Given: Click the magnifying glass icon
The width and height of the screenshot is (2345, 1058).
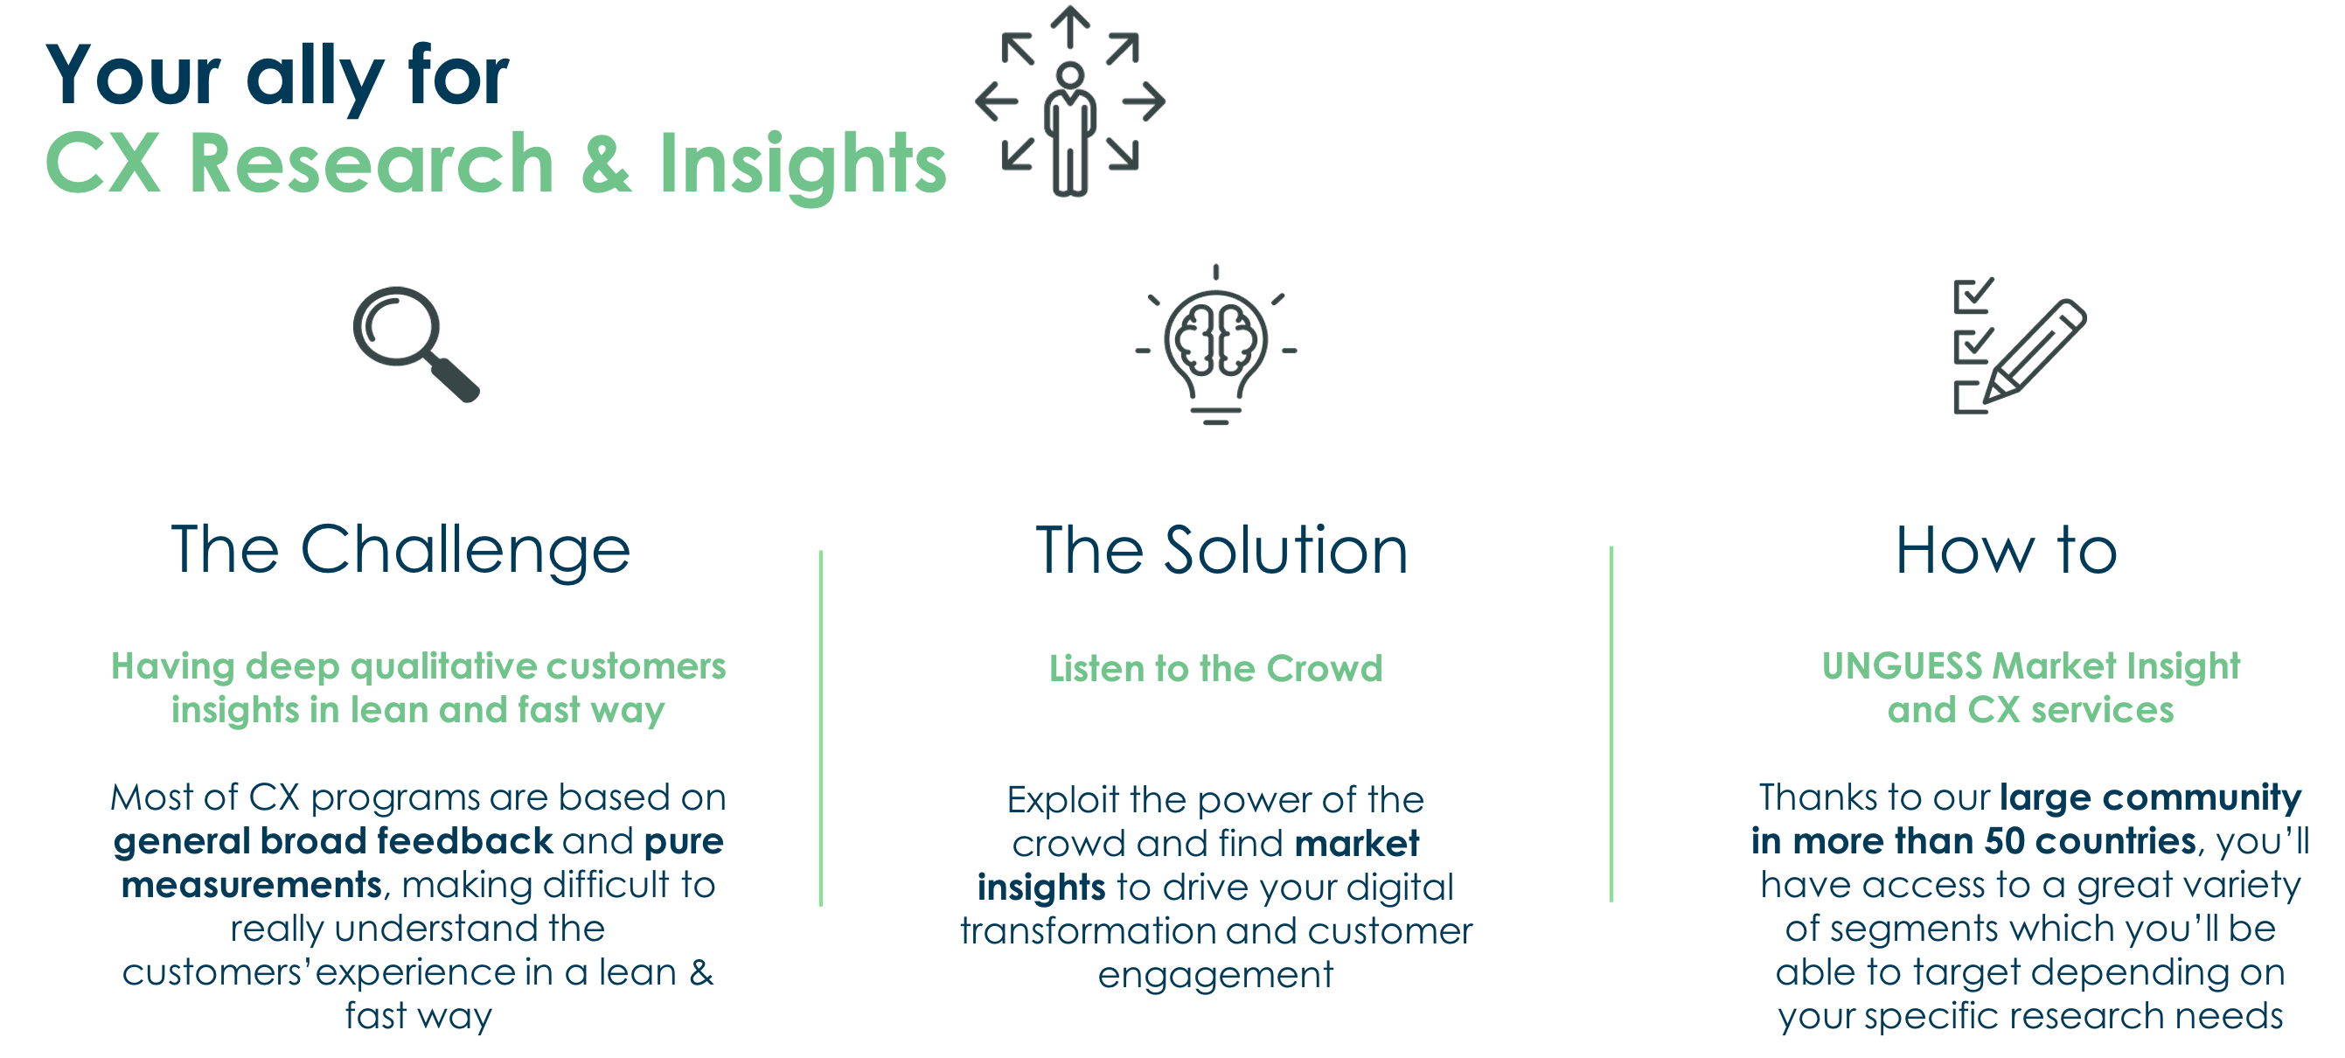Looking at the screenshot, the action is (415, 344).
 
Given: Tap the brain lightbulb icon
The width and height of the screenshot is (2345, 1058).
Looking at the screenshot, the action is (1215, 345).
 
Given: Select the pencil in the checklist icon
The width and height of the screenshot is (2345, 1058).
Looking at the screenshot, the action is (2035, 352).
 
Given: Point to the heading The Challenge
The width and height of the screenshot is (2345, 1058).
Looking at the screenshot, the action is (400, 551).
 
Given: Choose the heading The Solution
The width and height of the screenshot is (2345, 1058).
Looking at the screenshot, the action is (1221, 551).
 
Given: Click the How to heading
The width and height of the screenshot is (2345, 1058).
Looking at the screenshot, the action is (2007, 551).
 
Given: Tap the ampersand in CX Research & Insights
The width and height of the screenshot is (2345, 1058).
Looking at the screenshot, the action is (606, 164).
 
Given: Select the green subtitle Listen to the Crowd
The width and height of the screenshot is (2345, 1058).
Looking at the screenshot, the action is (1215, 668).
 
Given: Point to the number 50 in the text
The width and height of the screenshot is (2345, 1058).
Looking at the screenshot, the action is (2006, 840).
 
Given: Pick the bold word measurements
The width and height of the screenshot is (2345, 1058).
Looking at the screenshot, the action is (251, 885).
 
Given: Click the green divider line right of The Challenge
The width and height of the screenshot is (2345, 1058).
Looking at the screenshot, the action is (821, 728).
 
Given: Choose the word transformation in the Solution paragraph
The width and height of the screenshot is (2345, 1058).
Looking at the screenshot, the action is (1088, 930).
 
